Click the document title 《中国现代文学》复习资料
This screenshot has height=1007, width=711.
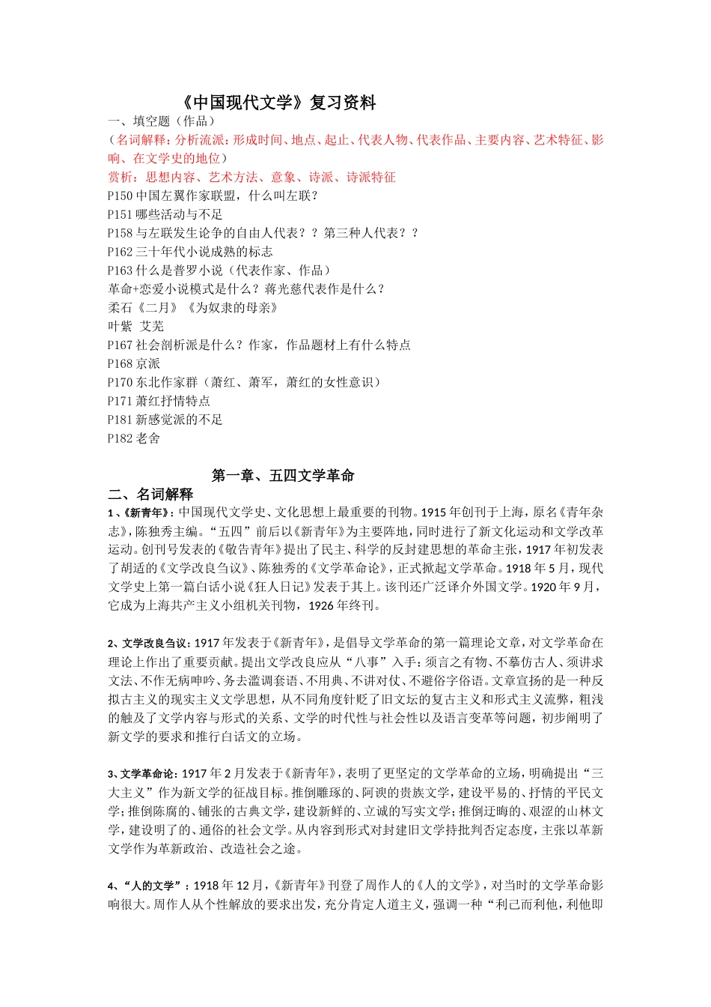(278, 103)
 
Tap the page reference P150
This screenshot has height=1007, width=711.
(120, 196)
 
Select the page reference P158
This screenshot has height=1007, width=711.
(120, 233)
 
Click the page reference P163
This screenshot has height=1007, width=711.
(120, 270)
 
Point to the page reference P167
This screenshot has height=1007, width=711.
(120, 345)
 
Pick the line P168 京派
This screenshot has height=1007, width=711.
(134, 363)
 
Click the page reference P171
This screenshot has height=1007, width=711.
(120, 401)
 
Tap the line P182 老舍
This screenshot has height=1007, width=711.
(134, 438)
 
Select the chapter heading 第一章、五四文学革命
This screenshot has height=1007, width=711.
(283, 476)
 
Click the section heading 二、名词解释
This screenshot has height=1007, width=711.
(150, 495)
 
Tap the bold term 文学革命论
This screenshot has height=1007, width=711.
(150, 774)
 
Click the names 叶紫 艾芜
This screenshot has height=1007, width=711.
(136, 326)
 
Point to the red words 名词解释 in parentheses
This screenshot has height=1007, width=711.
(143, 140)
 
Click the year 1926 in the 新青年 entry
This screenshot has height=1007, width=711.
(321, 605)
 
